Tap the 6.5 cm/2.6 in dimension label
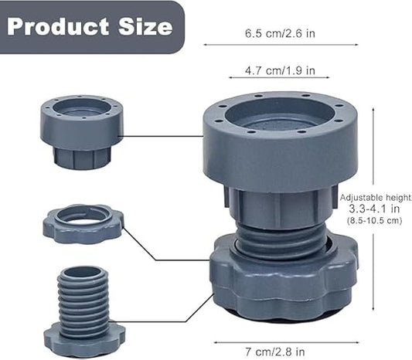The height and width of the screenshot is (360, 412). coord(279,32)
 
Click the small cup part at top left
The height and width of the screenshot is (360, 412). coord(80,131)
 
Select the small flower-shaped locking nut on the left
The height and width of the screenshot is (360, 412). coord(82,224)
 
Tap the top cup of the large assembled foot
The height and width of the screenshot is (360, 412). coord(280,143)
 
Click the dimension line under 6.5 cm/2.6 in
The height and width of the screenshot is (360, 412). coord(279,45)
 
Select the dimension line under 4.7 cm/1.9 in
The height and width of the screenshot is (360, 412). coord(279,78)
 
